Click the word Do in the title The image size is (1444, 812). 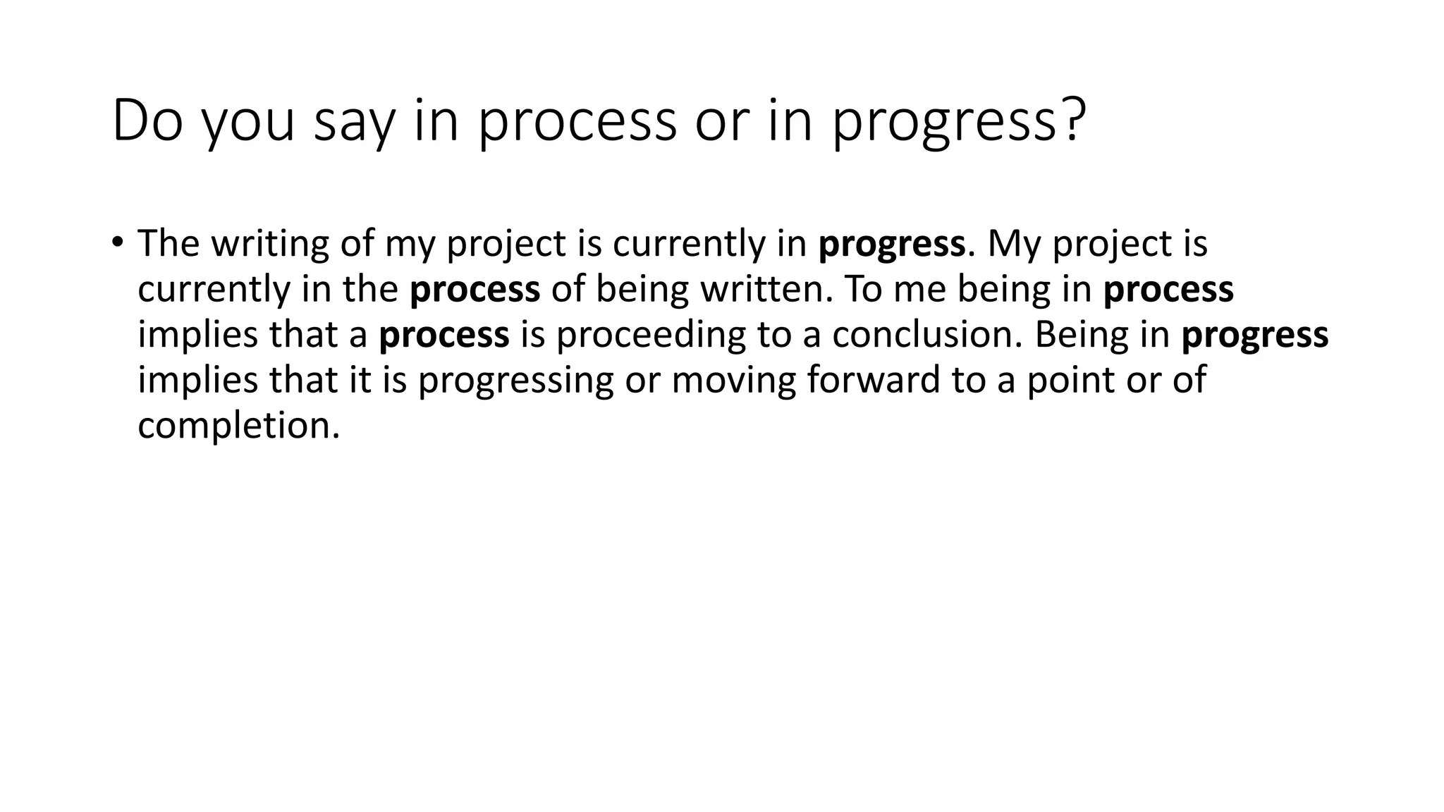pyautogui.click(x=147, y=121)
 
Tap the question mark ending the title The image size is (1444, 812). pyautogui.click(x=1070, y=121)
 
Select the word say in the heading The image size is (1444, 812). pyautogui.click(x=351, y=121)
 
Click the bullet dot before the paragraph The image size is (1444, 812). pyautogui.click(x=117, y=241)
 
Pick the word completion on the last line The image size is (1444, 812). pyautogui.click(x=238, y=426)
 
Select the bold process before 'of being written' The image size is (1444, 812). pyautogui.click(x=475, y=290)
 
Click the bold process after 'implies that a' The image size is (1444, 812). pyautogui.click(x=443, y=336)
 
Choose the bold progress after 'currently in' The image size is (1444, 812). pyautogui.click(x=891, y=245)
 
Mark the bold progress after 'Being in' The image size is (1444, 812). pyautogui.click(x=1254, y=336)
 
